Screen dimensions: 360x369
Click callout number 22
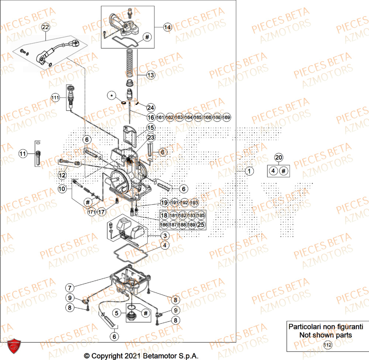pos(45,27)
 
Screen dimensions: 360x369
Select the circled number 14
pos(168,27)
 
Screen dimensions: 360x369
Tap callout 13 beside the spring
pos(151,75)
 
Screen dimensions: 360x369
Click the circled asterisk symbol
pos(111,96)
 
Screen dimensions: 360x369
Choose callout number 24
pos(151,107)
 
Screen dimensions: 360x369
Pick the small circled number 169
pos(227,117)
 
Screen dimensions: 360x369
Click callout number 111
pos(55,98)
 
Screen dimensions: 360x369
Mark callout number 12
pos(62,174)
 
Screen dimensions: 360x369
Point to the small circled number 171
pos(91,212)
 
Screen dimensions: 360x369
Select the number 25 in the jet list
pos(200,224)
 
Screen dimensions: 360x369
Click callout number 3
pos(165,236)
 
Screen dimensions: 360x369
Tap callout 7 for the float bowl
pos(69,287)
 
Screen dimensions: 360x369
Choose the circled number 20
pos(278,158)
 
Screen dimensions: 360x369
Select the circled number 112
pos(327,345)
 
